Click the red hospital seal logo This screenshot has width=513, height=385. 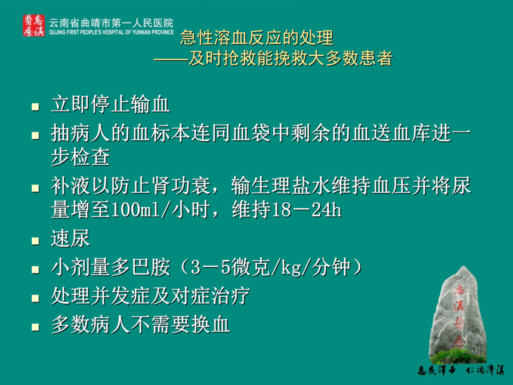(x=33, y=26)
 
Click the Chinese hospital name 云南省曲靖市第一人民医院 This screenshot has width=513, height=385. (x=111, y=23)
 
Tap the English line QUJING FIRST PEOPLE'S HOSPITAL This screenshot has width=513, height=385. (x=111, y=32)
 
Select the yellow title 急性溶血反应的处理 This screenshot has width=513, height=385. (x=257, y=38)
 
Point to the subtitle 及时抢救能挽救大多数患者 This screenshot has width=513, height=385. (x=291, y=58)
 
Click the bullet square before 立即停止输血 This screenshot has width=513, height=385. (x=35, y=106)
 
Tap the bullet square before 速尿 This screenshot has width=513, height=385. (x=35, y=241)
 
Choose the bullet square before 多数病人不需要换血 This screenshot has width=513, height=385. (x=35, y=327)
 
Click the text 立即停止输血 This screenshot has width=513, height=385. (x=110, y=104)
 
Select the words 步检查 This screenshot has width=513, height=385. (x=81, y=157)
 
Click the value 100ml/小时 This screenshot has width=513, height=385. (x=160, y=210)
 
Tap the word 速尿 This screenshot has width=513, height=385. (x=70, y=238)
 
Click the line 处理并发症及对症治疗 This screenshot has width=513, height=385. (x=150, y=296)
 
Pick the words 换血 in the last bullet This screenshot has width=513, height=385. (x=211, y=325)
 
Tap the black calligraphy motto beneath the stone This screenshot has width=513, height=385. (x=461, y=371)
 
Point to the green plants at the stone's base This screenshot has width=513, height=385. (x=458, y=356)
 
